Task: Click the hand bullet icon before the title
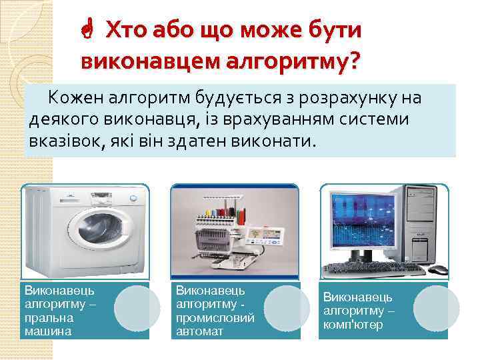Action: (x=87, y=31)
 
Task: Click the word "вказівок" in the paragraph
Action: (x=63, y=141)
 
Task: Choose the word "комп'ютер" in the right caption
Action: (x=354, y=325)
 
